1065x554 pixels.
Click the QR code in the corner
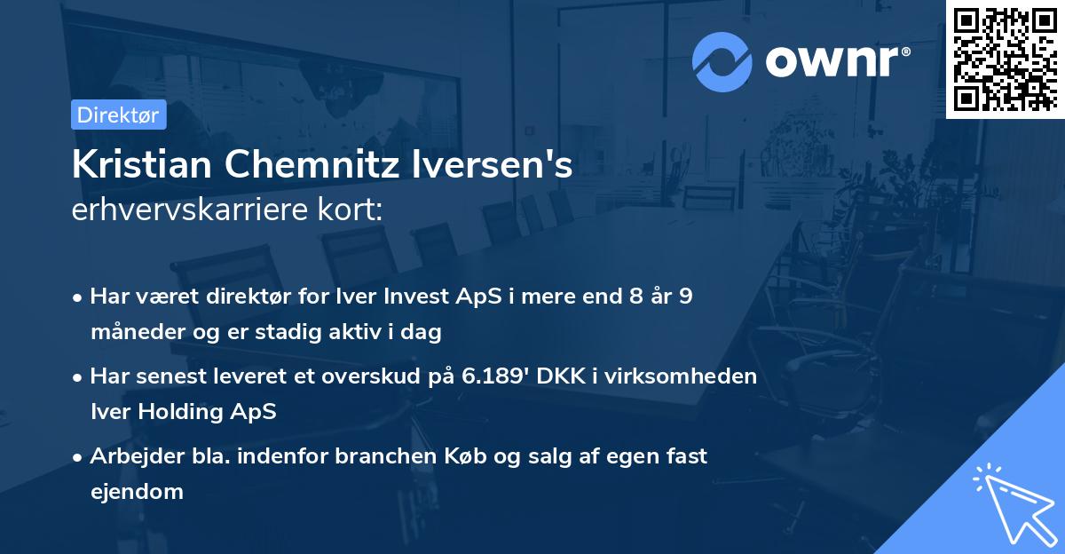[x=1005, y=59]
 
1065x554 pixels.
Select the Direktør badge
[x=118, y=115]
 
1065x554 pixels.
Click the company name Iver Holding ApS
[x=183, y=412]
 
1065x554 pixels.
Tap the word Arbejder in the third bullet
[x=130, y=455]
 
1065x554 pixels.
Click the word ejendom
[x=137, y=492]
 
